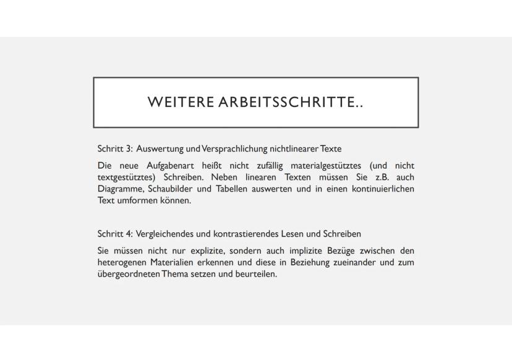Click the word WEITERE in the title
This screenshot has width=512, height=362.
180,103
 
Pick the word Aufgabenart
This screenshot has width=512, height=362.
170,166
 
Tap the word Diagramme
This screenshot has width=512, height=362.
119,189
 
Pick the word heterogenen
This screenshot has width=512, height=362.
122,263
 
